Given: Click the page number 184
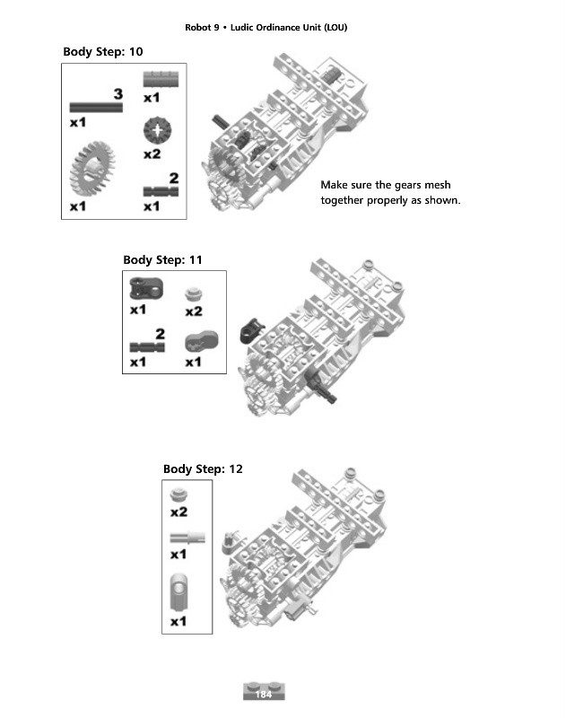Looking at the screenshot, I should point(264,695).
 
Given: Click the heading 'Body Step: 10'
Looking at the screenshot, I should point(102,51).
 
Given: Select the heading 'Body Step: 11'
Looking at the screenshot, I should point(162,259).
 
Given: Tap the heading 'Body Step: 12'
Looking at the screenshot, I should point(203,468).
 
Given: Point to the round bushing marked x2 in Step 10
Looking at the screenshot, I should point(158,131).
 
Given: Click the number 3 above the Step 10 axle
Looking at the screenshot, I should point(118,93).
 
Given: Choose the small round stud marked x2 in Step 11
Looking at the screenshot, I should point(193,293).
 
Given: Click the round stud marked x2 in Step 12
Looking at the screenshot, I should point(179,495).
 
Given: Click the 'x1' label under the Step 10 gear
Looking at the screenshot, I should point(78,206).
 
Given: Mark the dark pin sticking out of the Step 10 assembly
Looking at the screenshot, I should point(219,120).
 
